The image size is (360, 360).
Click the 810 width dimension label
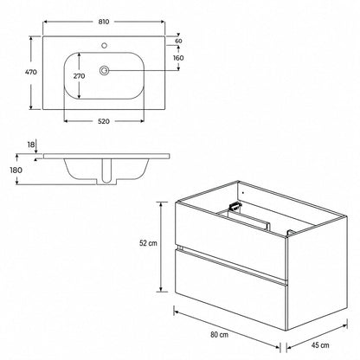tap(104, 22)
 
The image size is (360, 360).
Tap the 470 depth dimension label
tap(31, 72)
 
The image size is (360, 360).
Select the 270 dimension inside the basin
tap(79, 76)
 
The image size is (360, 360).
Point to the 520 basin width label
tap(104, 121)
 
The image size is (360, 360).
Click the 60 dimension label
tap(178, 41)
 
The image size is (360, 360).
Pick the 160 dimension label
tap(178, 58)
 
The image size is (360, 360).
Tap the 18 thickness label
tap(31, 145)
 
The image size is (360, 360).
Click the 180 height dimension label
tap(16, 170)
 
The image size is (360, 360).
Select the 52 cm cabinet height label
tap(148, 243)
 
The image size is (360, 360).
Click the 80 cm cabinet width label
tap(219, 335)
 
